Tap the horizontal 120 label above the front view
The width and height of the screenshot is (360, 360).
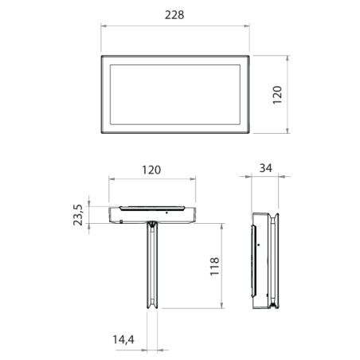(x=151, y=170)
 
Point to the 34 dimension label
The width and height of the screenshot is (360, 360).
(x=265, y=169)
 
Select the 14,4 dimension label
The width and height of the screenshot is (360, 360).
(x=123, y=339)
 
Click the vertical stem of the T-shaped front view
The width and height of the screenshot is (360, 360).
(x=151, y=271)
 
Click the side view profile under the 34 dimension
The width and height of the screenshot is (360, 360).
(x=264, y=260)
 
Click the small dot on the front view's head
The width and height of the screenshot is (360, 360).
(x=165, y=213)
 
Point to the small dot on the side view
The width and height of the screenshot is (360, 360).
(x=257, y=245)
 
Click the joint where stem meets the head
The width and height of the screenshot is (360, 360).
(x=151, y=225)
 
